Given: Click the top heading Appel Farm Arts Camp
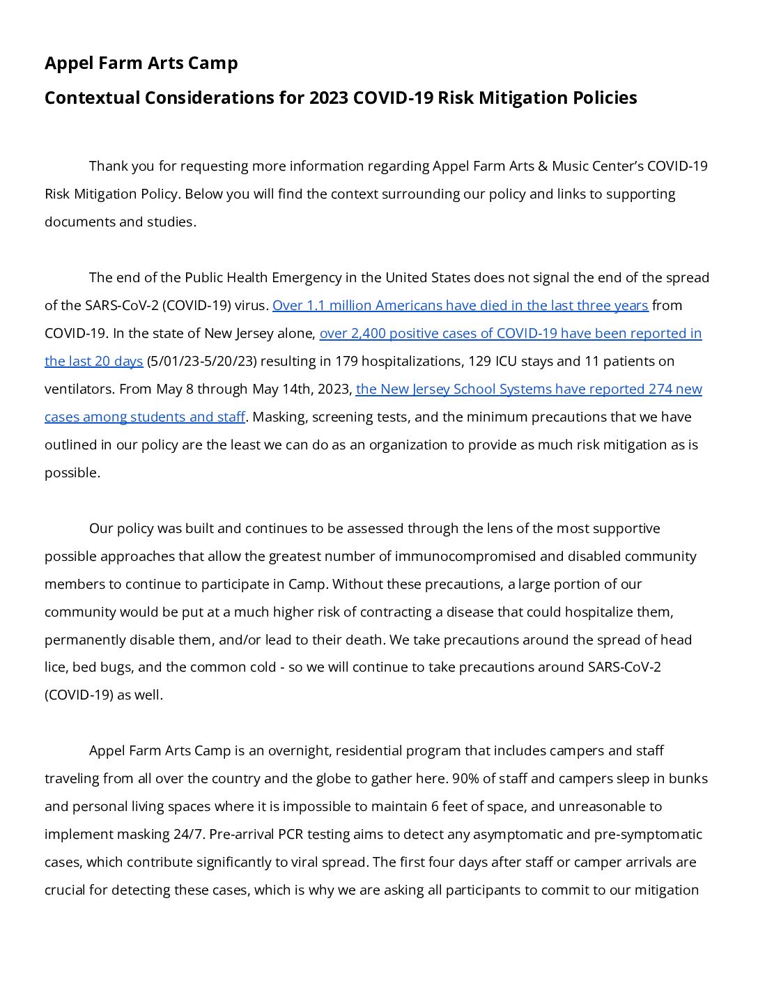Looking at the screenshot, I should (141, 63).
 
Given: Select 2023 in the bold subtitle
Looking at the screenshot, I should (329, 98).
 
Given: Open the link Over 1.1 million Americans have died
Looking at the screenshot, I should (460, 306).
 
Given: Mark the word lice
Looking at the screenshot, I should (55, 667).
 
